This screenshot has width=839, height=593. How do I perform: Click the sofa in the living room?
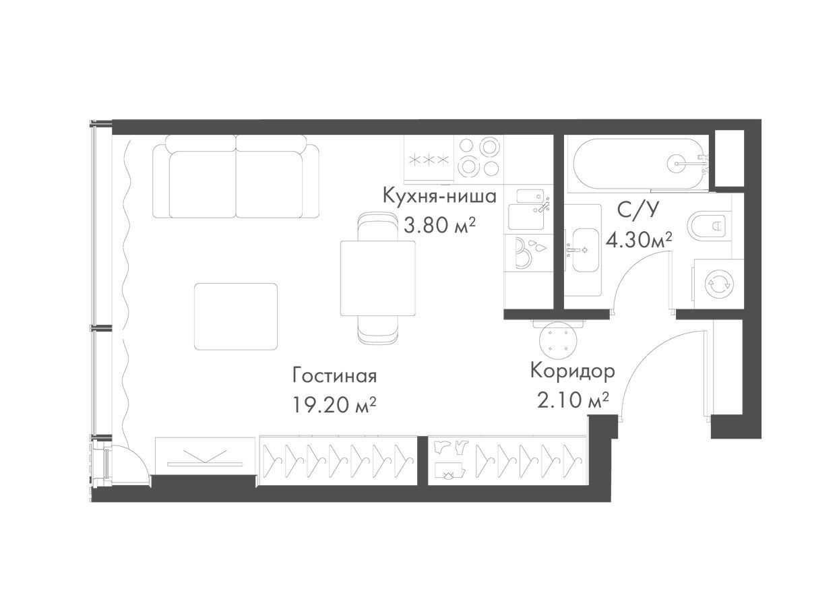coord(236,177)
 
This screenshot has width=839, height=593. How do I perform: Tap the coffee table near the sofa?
coord(236,317)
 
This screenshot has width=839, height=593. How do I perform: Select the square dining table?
coord(377,278)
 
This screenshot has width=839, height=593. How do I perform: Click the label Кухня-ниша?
coord(439,196)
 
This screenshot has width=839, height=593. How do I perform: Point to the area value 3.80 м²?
coord(440,225)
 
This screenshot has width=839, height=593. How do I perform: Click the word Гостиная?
coord(334,376)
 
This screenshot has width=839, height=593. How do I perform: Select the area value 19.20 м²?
coord(334,405)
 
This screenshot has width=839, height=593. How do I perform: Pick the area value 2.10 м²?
coord(573,400)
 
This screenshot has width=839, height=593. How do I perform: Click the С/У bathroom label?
coord(638,211)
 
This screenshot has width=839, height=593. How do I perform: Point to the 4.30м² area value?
coord(639,240)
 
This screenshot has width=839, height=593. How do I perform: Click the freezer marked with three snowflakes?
coord(429,160)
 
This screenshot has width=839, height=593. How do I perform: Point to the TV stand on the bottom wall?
coord(206,456)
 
